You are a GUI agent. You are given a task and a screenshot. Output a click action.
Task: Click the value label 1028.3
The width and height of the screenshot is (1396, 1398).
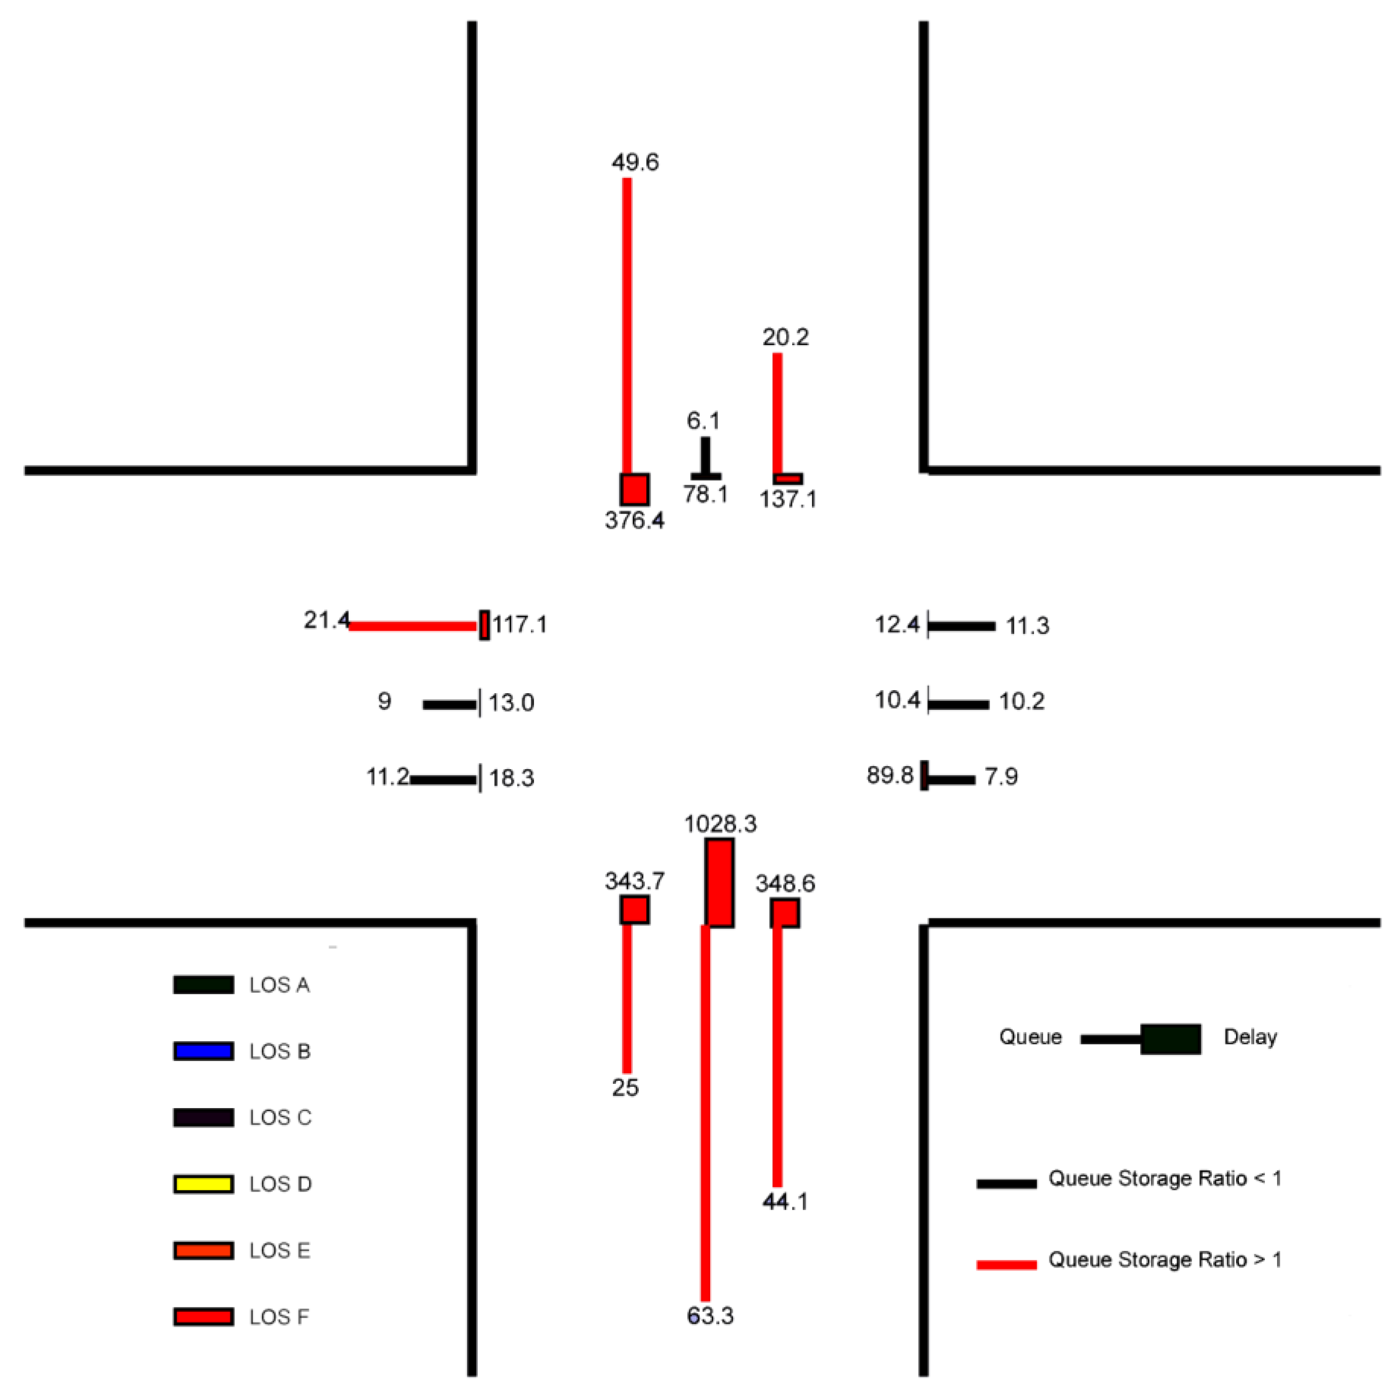pos(720,823)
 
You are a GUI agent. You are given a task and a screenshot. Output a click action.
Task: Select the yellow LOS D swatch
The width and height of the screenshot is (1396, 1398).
pos(203,1184)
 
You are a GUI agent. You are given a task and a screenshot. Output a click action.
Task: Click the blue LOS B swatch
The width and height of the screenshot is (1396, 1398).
pos(203,1051)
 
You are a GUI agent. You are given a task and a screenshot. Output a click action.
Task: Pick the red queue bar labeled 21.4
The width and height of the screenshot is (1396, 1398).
pos(413,626)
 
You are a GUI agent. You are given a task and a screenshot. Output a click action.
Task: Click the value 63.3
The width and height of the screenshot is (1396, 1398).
pos(710,1316)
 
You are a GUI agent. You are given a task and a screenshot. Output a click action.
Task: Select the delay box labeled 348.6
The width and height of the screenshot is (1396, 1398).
pos(785,913)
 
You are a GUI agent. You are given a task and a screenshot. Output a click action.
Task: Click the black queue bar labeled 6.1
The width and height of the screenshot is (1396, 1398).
pos(705,455)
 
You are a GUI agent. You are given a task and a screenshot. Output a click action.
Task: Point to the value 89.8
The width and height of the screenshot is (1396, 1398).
pos(890,776)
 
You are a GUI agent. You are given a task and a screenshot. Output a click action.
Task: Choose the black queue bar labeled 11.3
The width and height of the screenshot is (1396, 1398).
pos(961,626)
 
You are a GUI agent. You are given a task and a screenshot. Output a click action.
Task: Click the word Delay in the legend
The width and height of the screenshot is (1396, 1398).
pos(1250,1037)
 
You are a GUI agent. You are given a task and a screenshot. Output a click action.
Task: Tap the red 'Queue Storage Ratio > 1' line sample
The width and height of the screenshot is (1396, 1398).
pos(1006,1265)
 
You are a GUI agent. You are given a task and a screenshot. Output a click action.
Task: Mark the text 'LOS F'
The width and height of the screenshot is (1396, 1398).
pos(279,1317)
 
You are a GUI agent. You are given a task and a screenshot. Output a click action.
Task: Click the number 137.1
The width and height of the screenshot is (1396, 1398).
pos(788,499)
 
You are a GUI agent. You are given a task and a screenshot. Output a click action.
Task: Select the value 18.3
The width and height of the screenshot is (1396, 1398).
pos(512,779)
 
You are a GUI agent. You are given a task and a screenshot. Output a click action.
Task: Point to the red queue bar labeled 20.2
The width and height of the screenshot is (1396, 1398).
pos(777,412)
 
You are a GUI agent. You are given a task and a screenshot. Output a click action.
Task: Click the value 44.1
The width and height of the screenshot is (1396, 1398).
pos(785,1201)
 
